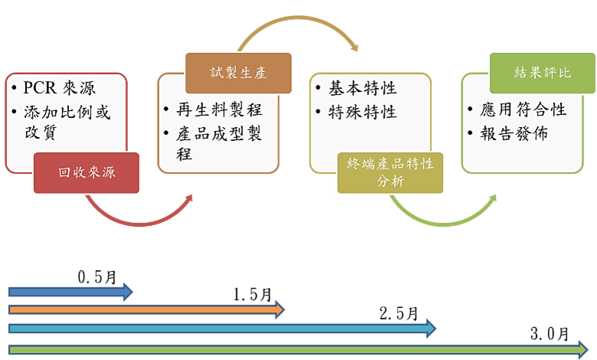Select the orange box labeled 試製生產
[238, 74]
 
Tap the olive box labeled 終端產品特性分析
[391, 172]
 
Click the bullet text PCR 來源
[60, 89]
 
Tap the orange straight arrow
[146, 309]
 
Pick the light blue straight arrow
[222, 329]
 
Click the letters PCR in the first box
[38, 89]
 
